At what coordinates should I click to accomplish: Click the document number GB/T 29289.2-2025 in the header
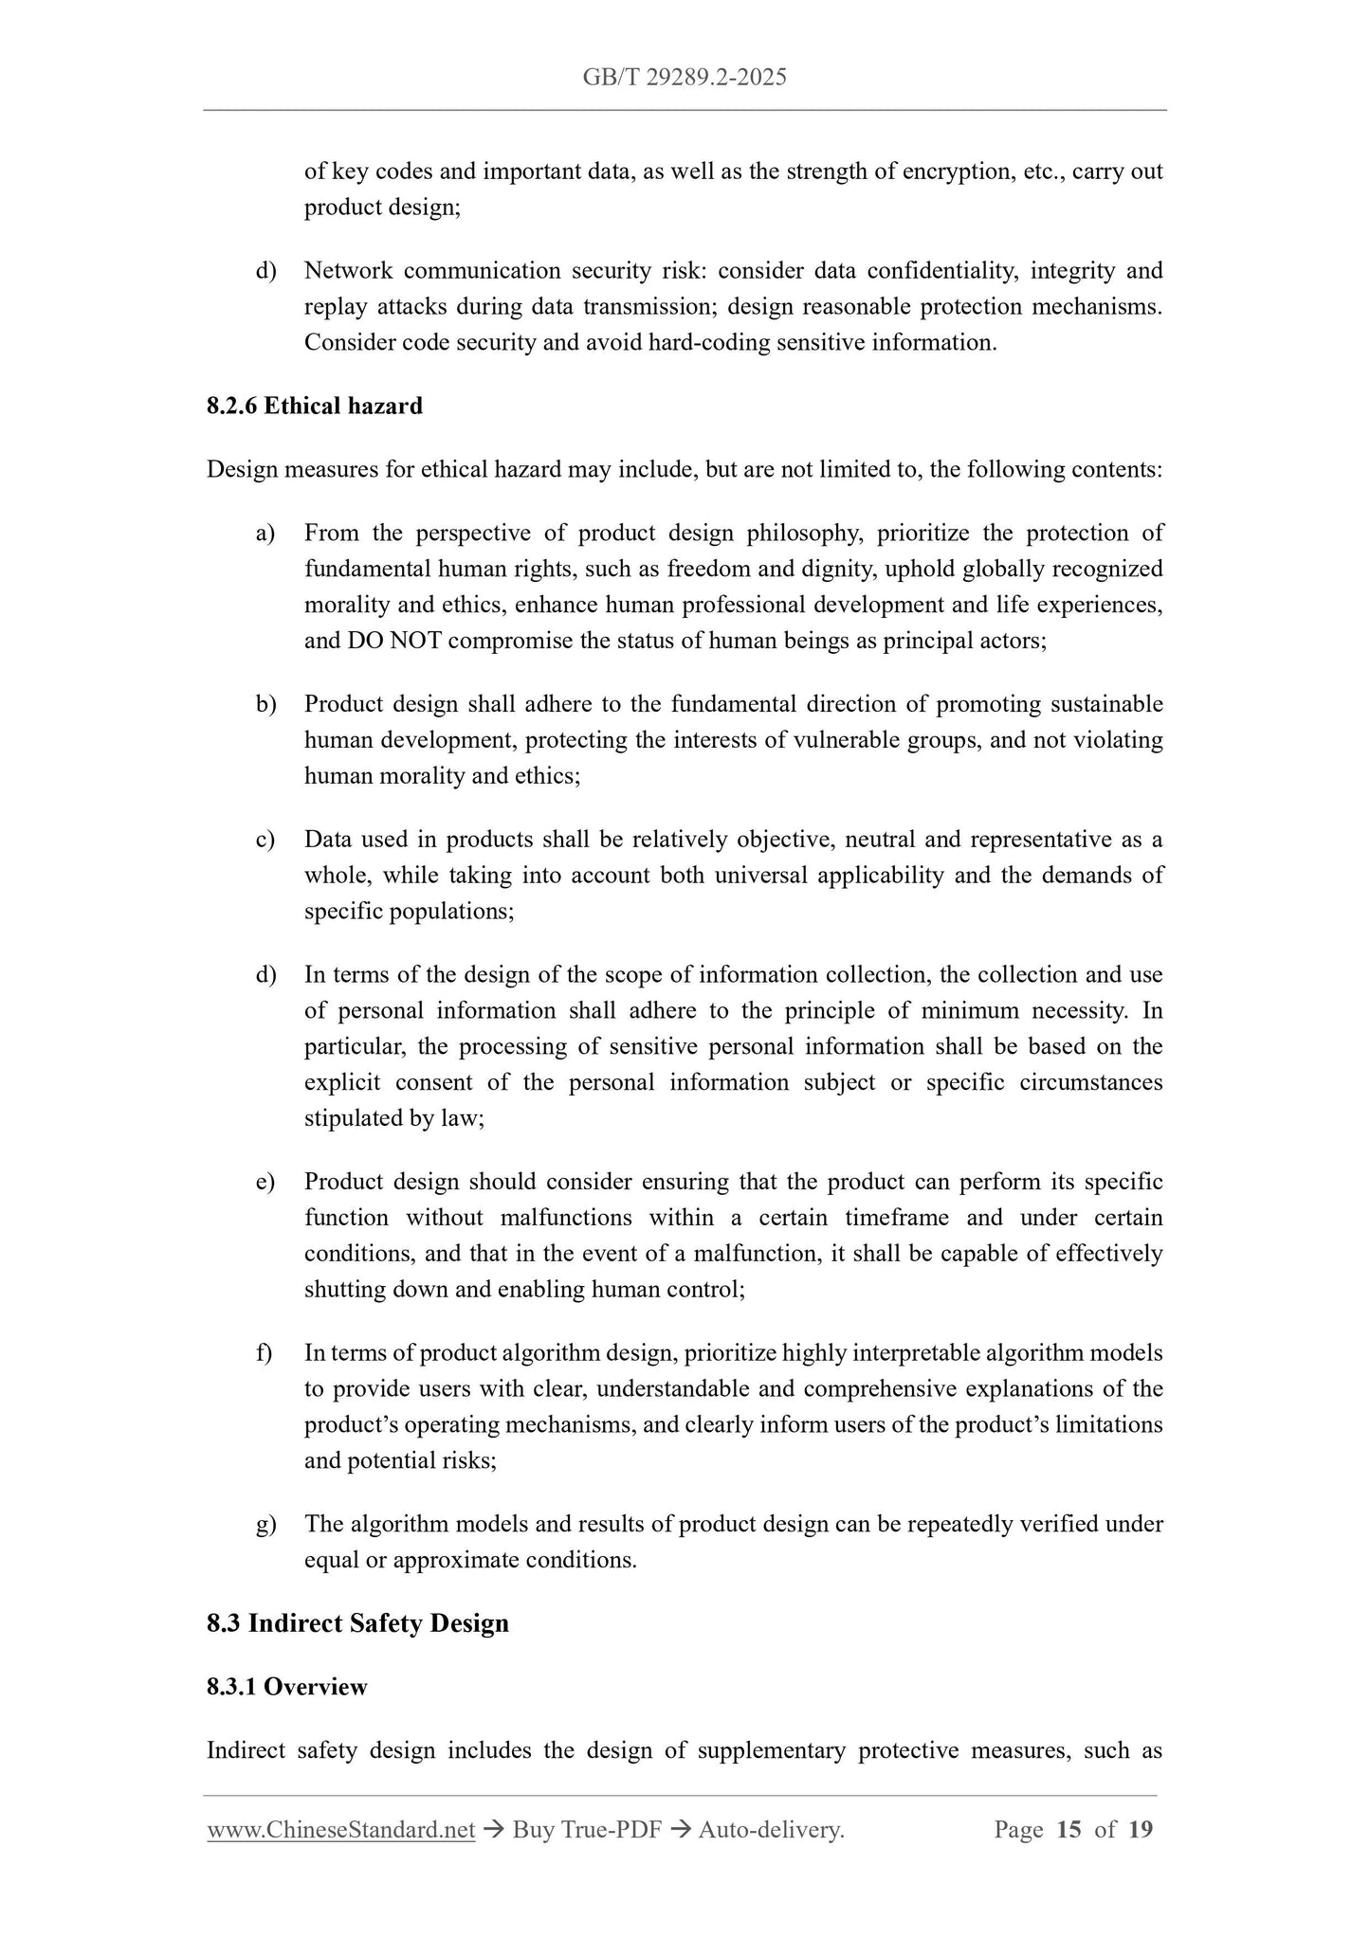pos(685,78)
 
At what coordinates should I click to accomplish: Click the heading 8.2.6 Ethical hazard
pos(315,407)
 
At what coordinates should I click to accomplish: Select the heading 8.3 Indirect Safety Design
pos(357,1623)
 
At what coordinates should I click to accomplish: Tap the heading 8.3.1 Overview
pos(286,1687)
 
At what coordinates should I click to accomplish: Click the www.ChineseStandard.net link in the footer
pos(340,1830)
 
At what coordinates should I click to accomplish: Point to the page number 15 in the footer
pos(1069,1830)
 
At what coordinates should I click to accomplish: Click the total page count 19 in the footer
pos(1141,1830)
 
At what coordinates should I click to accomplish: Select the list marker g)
pos(265,1525)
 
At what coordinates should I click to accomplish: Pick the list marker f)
pos(265,1353)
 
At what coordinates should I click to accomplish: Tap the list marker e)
pos(265,1183)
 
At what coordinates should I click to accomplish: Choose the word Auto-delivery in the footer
pos(770,1830)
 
